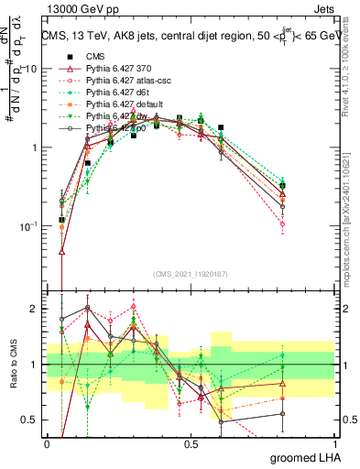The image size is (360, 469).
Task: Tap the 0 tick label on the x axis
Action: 47,442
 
